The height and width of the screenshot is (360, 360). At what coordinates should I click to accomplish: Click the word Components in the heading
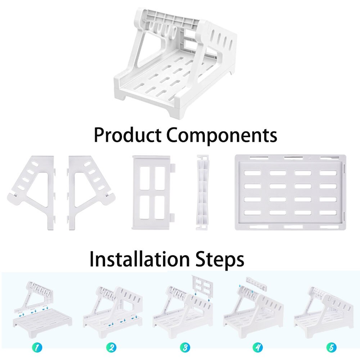[221, 136]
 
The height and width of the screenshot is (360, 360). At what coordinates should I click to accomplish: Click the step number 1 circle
[37, 347]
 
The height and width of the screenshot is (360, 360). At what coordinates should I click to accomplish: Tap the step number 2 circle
[111, 347]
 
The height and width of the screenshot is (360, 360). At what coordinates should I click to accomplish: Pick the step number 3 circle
[185, 347]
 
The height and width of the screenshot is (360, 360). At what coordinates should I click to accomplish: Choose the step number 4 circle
[258, 347]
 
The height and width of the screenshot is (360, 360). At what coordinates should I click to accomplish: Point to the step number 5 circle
[331, 347]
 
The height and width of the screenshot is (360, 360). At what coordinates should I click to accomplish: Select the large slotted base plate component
[290, 193]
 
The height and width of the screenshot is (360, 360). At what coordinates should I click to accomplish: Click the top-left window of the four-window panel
[145, 178]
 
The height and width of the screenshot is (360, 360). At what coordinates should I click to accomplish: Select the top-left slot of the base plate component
[252, 173]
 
